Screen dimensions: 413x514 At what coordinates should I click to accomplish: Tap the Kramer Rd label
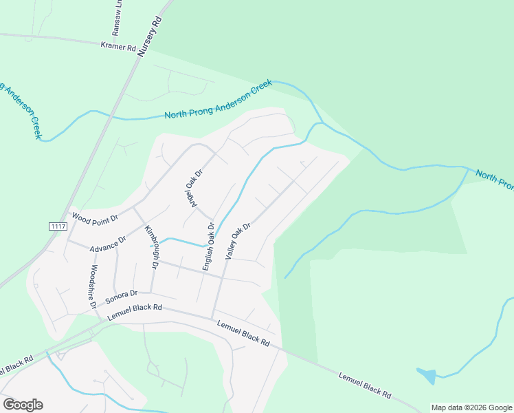click(x=119, y=46)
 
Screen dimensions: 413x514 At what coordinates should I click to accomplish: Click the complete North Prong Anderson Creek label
click(x=218, y=100)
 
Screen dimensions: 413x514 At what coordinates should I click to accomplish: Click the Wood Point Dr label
click(x=95, y=218)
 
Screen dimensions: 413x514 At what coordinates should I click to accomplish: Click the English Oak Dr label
click(x=208, y=245)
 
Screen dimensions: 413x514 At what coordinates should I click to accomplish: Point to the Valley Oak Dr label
click(x=238, y=240)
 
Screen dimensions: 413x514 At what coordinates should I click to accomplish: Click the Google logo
click(x=23, y=404)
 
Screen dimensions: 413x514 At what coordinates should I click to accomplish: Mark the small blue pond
click(x=427, y=376)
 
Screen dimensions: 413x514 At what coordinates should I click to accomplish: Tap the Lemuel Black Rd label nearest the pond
click(x=365, y=385)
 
